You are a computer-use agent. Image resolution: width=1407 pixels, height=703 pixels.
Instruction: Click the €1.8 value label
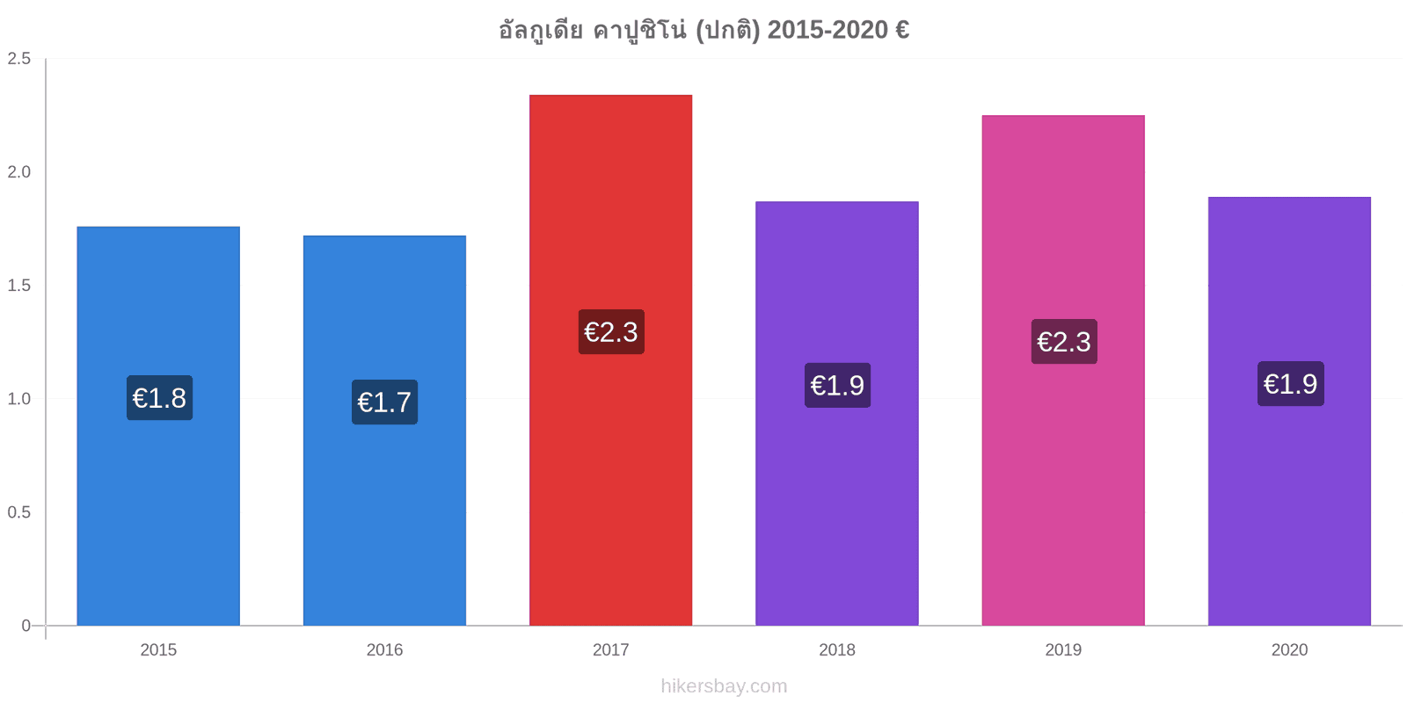click(x=159, y=398)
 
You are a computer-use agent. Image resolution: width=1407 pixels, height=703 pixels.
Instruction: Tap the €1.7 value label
click(x=384, y=402)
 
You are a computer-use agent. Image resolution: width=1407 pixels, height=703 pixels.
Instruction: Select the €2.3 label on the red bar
click(x=611, y=332)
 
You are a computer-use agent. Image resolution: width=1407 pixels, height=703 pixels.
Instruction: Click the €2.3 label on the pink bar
click(x=1064, y=342)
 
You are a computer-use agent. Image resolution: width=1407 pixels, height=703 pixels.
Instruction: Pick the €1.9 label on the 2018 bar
click(x=837, y=386)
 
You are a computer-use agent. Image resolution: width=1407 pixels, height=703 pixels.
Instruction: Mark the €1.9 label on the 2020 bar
click(x=1291, y=383)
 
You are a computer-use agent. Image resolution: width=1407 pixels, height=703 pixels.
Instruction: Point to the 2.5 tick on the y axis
click(x=18, y=58)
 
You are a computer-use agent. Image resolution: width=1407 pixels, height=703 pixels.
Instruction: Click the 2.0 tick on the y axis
click(x=18, y=172)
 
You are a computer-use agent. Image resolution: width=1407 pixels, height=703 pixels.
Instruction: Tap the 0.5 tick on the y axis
click(x=18, y=512)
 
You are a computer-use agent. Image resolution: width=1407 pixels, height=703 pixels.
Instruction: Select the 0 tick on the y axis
click(x=26, y=625)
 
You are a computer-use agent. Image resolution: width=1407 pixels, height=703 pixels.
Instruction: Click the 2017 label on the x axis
click(x=610, y=649)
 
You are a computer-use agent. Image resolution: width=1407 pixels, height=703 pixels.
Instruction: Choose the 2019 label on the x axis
click(x=1063, y=649)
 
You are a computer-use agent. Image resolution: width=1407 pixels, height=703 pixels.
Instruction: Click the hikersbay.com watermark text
click(x=724, y=686)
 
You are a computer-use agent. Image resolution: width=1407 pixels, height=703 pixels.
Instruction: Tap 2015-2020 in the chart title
click(x=827, y=30)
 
